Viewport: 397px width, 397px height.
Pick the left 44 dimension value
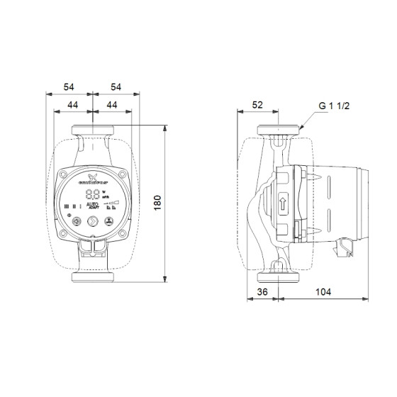point(72,105)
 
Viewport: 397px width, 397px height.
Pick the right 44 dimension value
point(112,105)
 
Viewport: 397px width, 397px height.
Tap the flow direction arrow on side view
point(283,201)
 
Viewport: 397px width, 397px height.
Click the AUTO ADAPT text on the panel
point(93,208)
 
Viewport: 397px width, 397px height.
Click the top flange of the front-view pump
point(93,130)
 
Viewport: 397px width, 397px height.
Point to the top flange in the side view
point(279,131)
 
